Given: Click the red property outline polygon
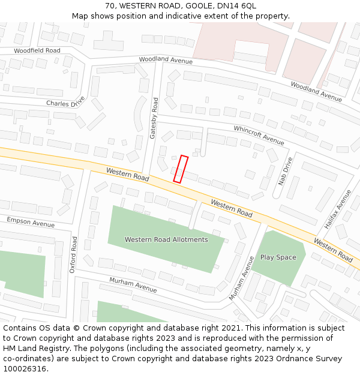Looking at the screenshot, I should coord(181,169).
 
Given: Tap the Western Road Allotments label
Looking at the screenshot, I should coord(166,239).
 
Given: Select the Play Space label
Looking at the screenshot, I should coord(278,257).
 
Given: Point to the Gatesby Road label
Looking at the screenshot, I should coord(154,118).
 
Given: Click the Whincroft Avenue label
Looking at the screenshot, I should coord(259,135).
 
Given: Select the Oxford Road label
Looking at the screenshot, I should coord(73,254).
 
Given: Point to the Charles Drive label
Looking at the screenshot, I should coord(66,104).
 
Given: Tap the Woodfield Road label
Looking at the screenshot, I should coord(37,51).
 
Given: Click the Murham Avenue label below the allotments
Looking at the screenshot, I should coord(133,285).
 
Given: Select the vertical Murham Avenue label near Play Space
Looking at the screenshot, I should coord(242,278).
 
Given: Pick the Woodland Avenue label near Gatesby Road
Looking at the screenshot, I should coord(166,61).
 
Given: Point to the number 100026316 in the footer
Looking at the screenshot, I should coord(25,369).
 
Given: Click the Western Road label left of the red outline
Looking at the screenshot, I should coord(127,175).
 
